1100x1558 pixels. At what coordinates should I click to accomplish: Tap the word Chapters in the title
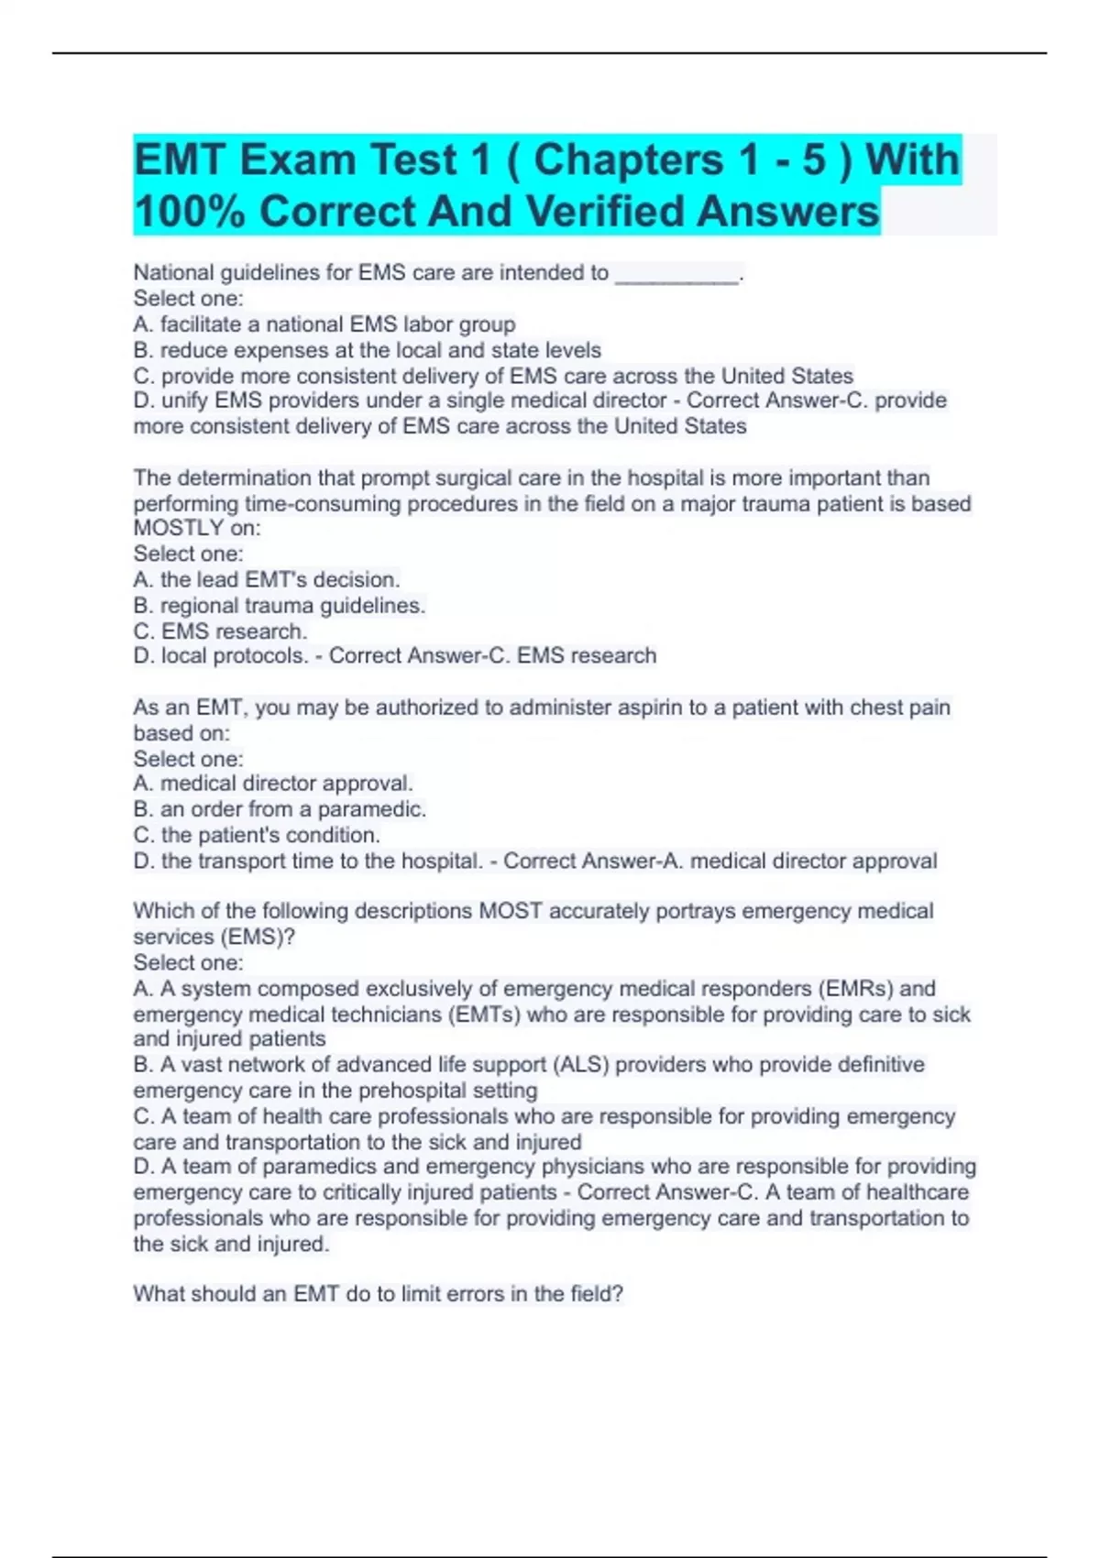pyautogui.click(x=628, y=160)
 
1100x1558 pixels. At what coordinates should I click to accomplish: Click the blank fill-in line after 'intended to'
pyautogui.click(x=676, y=274)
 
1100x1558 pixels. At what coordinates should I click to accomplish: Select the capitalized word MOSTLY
pyautogui.click(x=179, y=528)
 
